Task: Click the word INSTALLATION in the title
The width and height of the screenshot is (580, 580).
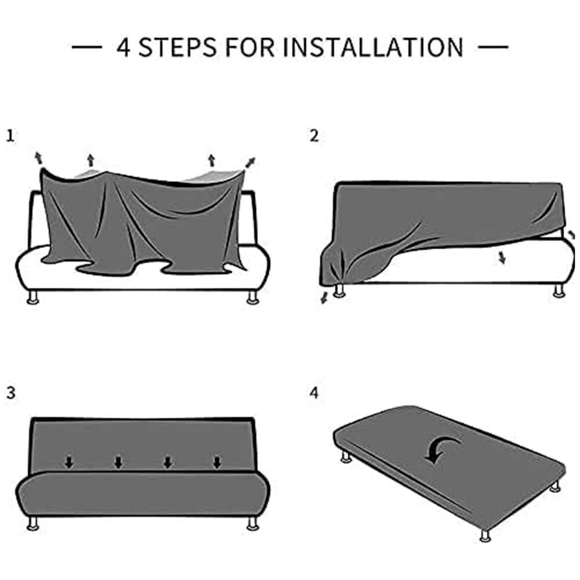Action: [x=373, y=47]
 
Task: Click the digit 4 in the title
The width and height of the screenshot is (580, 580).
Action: [x=123, y=47]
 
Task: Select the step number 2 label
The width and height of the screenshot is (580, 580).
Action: [x=314, y=136]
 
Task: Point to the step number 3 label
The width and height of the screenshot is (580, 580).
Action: [x=10, y=393]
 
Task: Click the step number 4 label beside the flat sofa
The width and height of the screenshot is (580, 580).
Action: [x=314, y=393]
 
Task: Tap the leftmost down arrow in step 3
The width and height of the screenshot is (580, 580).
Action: [x=69, y=462]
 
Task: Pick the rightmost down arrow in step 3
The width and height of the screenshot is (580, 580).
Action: [x=217, y=462]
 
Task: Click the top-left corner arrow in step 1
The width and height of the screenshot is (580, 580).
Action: [x=39, y=157]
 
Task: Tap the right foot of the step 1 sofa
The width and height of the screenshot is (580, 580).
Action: [x=253, y=298]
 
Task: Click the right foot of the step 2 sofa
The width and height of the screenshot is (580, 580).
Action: [x=559, y=291]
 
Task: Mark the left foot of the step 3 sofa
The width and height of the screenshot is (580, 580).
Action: [x=34, y=524]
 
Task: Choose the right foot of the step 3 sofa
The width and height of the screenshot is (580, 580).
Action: [x=253, y=524]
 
